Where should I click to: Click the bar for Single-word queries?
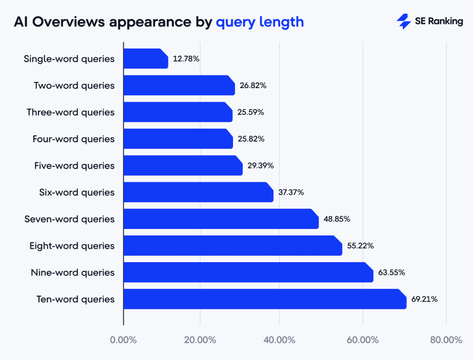pos(145,59)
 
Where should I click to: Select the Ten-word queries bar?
pos(265,299)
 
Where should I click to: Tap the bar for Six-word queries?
pos(198,192)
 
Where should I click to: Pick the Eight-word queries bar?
pos(232,245)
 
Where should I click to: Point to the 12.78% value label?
pos(186,59)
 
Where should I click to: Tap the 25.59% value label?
pos(250,112)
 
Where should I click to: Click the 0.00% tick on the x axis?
pos(123,340)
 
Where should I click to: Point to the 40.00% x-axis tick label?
pos(279,340)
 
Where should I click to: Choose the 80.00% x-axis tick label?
pos(446,340)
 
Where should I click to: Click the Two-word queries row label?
pos(74,86)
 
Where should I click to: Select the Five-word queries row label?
pos(74,165)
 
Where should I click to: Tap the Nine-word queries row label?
pos(73,272)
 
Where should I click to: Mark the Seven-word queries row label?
pos(70,219)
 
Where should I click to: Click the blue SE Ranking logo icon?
pos(403,22)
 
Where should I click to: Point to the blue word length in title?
pos(282,22)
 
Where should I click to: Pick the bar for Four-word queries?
pos(178,139)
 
